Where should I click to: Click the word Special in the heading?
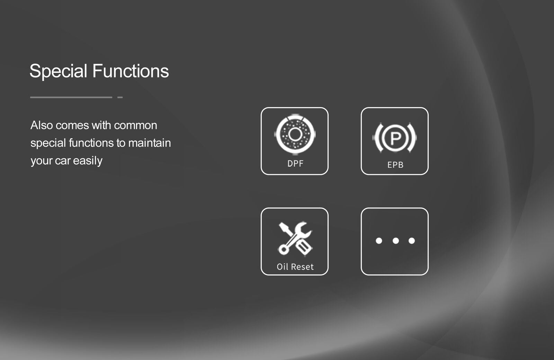(x=59, y=71)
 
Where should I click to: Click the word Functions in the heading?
(x=131, y=71)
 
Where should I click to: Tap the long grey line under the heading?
(x=71, y=97)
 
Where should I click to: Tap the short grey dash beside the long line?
(x=120, y=97)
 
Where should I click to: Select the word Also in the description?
(x=42, y=125)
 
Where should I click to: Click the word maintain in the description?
(x=150, y=143)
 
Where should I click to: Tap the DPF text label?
(x=295, y=164)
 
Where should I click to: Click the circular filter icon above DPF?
(x=295, y=134)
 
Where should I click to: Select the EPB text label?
(x=395, y=165)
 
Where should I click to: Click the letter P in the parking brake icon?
(x=395, y=138)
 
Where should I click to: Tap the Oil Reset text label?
(x=295, y=267)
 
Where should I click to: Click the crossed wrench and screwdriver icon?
(x=295, y=238)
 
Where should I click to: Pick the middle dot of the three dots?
(x=396, y=241)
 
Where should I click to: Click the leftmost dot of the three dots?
(x=379, y=241)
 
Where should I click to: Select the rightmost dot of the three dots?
(x=412, y=241)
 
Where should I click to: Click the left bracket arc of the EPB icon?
(x=377, y=138)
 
